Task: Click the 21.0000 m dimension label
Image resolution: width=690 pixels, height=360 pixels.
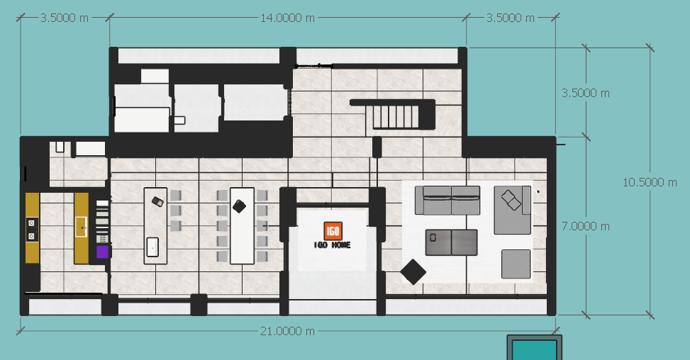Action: point(287,331)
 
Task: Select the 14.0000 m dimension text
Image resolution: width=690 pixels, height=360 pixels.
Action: point(287,18)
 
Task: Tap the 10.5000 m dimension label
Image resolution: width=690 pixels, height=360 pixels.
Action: point(650,182)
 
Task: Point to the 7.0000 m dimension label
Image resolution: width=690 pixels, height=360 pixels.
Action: point(586,226)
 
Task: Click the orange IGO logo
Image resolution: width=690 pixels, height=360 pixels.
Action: point(333,231)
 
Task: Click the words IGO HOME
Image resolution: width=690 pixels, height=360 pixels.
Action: point(333,244)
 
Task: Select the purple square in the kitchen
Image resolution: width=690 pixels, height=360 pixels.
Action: point(102,252)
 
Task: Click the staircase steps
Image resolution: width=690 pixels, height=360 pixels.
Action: point(395,116)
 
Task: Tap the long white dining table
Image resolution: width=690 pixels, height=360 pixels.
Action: point(242,226)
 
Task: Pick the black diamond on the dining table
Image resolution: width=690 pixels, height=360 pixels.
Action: point(239,206)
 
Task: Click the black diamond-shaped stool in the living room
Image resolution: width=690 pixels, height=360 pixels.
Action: point(413,271)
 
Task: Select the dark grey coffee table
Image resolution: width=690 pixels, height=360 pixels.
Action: point(451,242)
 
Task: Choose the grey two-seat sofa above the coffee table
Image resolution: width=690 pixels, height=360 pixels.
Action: point(447,201)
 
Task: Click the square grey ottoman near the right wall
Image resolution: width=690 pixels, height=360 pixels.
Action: point(516,264)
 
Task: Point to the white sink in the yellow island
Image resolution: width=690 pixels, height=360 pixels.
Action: point(81,227)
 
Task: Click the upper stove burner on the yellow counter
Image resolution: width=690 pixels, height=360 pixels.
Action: point(31,223)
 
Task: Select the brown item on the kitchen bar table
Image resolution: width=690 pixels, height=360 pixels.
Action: point(157,202)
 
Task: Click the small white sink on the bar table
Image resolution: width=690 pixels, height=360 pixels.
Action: point(152,247)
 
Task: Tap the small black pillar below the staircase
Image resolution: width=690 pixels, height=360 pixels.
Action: point(377,147)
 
